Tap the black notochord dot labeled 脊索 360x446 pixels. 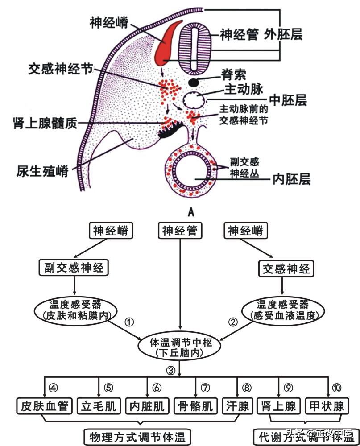[x=194, y=82]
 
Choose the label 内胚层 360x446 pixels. [x=292, y=179]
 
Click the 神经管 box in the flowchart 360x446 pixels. [x=180, y=231]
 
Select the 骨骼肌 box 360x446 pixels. [x=195, y=406]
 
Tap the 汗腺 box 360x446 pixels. [x=237, y=406]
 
